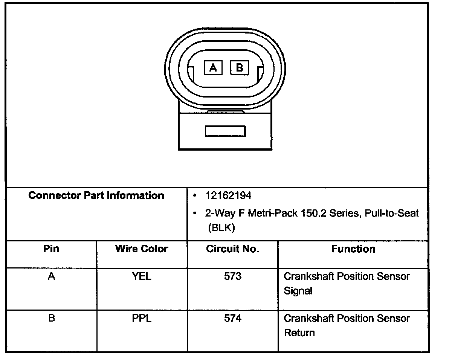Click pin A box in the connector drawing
pyautogui.click(x=213, y=67)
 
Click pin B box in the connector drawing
pyautogui.click(x=240, y=67)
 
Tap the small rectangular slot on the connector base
pyautogui.click(x=225, y=131)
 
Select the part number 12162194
pyautogui.click(x=228, y=196)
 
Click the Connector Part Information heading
pyautogui.click(x=96, y=196)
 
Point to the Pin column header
pyautogui.click(x=51, y=249)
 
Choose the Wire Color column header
pyautogui.click(x=142, y=249)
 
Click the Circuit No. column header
pyautogui.click(x=232, y=249)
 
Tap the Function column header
pyautogui.click(x=353, y=249)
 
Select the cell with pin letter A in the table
pyautogui.click(x=51, y=276)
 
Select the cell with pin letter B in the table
pyautogui.click(x=51, y=319)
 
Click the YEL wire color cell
pyautogui.click(x=142, y=276)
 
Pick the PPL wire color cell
pyautogui.click(x=142, y=319)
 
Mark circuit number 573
pyautogui.click(x=232, y=276)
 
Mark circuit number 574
pyautogui.click(x=232, y=319)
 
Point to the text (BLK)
pyautogui.click(x=221, y=228)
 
